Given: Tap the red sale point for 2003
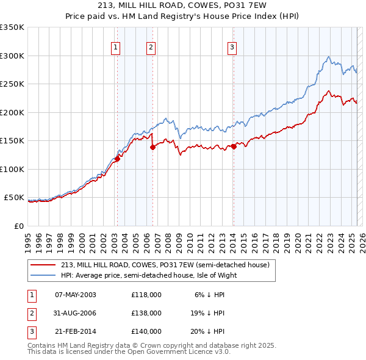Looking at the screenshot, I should [x=117, y=159].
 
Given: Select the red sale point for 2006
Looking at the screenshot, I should [x=152, y=148].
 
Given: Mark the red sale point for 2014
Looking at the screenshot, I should [x=234, y=146].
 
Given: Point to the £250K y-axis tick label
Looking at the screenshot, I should [x=13, y=84].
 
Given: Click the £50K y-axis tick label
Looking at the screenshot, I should [x=15, y=198].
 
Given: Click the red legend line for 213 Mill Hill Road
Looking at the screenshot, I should [x=43, y=265].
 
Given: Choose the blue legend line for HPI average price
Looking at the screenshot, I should [x=43, y=275].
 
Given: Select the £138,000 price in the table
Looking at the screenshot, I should [x=146, y=313].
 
